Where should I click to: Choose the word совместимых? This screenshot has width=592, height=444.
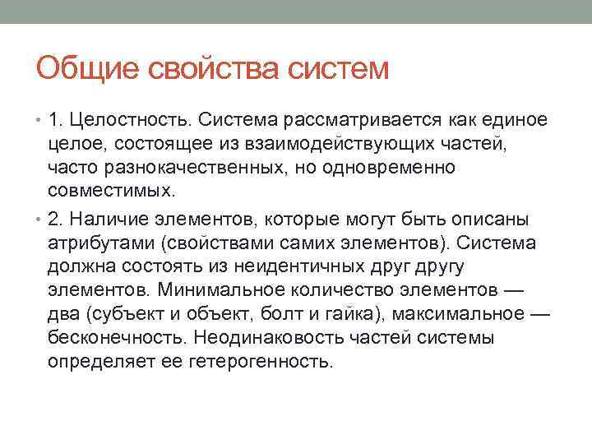point(111,192)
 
